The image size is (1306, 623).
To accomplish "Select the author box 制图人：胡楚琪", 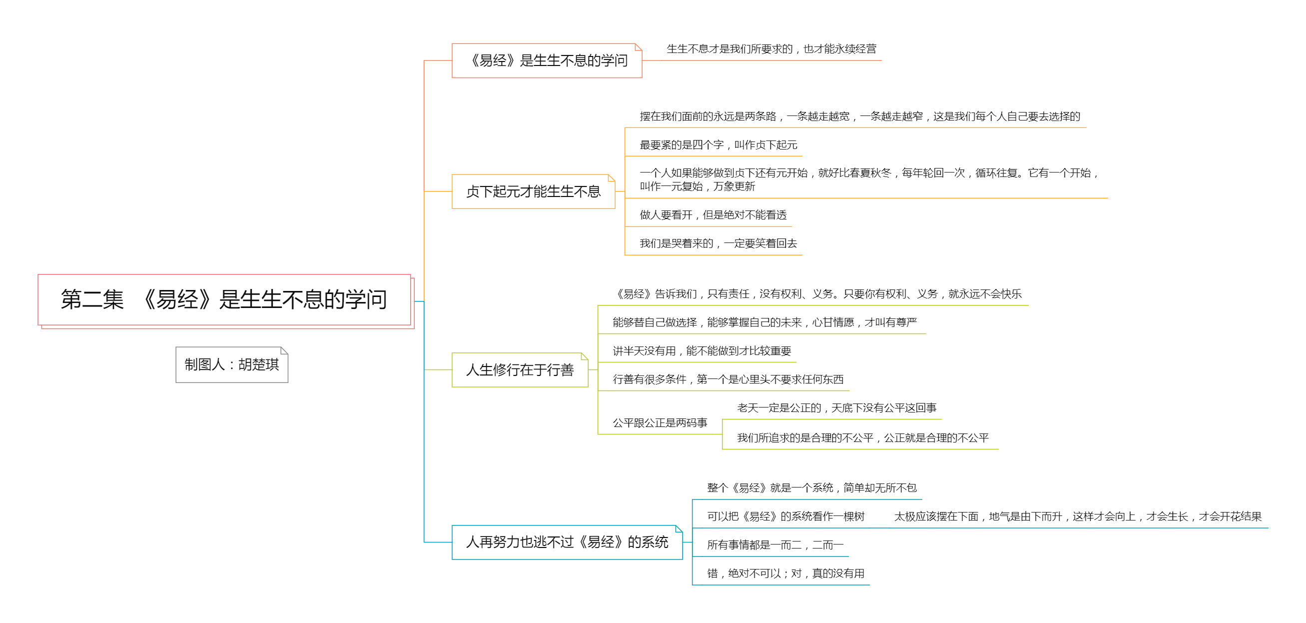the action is click(232, 365).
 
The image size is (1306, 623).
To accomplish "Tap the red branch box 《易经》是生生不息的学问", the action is click(547, 61).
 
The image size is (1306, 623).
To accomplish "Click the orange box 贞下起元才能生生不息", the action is click(534, 191).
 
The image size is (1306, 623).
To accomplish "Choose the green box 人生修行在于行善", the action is click(520, 370).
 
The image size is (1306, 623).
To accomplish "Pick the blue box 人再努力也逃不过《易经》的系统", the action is click(567, 542).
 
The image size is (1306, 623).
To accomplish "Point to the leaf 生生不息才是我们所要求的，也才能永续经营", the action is click(771, 49).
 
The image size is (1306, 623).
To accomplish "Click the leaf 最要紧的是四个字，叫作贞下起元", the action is click(718, 145).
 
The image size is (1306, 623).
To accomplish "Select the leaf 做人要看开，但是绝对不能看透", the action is click(713, 215).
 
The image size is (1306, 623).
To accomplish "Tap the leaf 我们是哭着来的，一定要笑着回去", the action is click(718, 243).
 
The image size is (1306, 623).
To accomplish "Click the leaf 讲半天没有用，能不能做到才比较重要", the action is click(701, 351).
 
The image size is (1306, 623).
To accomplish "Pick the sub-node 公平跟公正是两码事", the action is click(659, 423).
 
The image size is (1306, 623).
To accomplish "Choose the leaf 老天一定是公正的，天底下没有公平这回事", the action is click(836, 408).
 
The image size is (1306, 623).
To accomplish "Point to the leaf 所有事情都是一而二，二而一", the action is click(775, 545).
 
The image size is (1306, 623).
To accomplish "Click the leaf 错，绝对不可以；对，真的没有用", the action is click(786, 573).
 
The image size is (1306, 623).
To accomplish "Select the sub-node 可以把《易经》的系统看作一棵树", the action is click(786, 516).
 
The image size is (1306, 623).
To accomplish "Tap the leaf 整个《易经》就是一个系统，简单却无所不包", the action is click(812, 488).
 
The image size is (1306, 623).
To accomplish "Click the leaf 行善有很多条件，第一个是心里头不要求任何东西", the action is click(728, 379).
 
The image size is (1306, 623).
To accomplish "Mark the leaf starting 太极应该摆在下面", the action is click(1078, 516).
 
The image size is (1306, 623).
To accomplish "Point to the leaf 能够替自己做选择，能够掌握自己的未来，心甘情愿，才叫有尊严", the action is click(764, 322).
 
